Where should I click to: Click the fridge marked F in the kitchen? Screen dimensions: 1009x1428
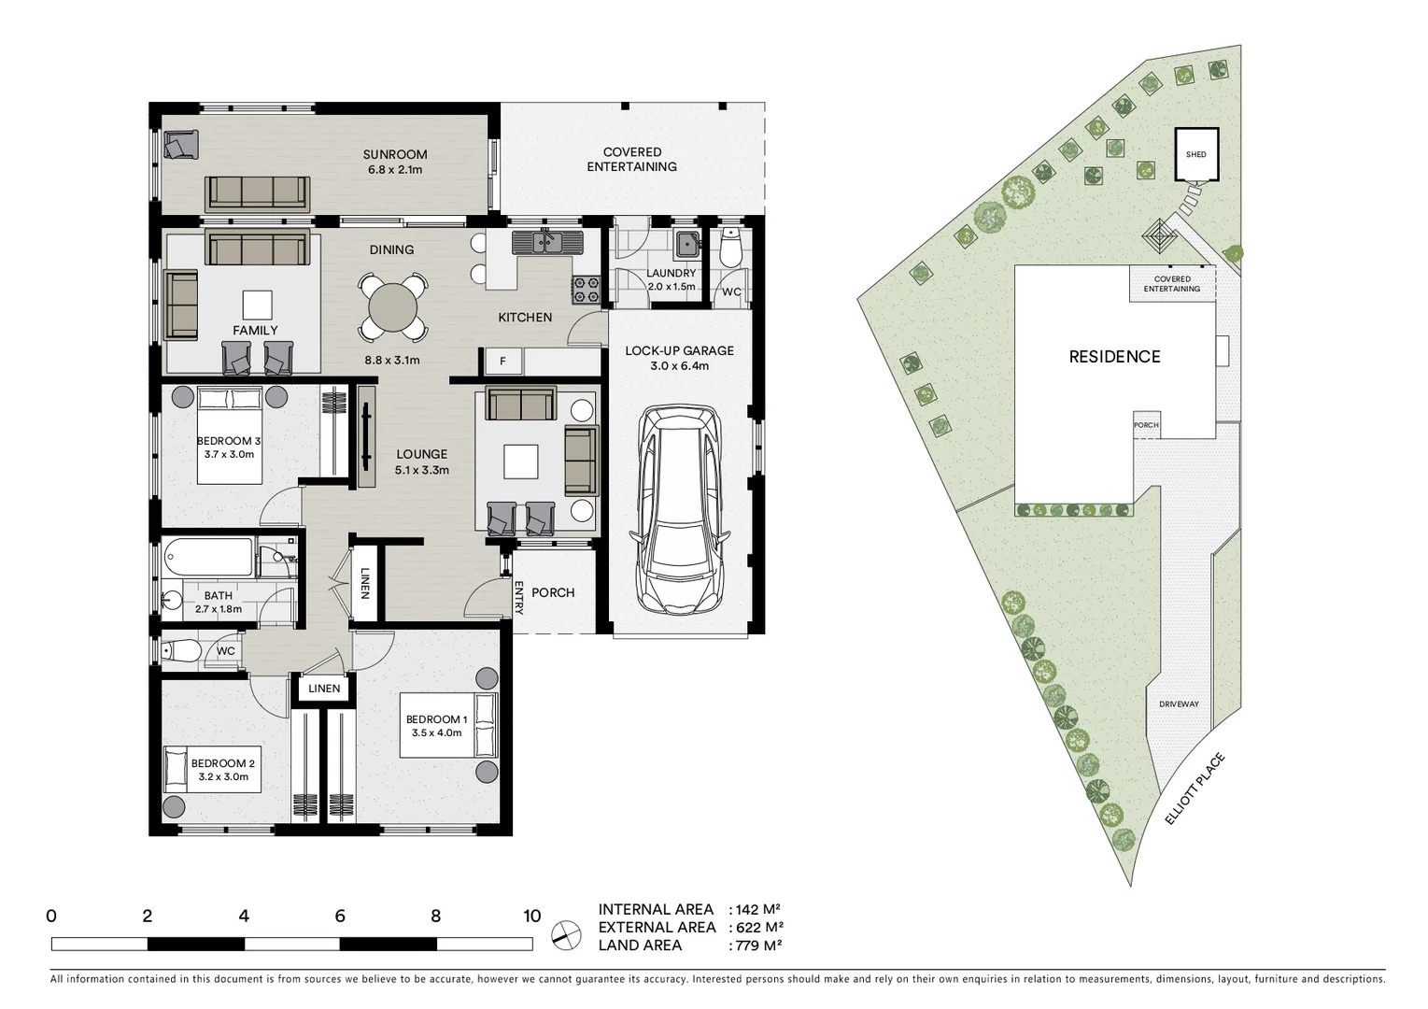coord(502,361)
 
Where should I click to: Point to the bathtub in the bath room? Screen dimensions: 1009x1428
coord(208,559)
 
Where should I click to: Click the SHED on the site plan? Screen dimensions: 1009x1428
coord(1195,155)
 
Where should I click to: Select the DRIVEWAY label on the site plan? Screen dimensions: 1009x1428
coord(1179,704)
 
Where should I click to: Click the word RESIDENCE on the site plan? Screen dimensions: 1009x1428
coord(1114,357)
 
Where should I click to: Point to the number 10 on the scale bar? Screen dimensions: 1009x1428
coord(531,917)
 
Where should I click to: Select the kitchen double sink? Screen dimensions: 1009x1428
coord(545,243)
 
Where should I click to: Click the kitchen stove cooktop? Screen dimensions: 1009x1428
coord(586,290)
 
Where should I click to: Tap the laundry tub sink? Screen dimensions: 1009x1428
coord(688,243)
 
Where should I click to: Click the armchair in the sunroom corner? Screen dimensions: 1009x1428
coord(181,145)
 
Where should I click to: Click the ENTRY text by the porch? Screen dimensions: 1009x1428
coord(518,598)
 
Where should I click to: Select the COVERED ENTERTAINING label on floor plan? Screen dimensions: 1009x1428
coord(632,160)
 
